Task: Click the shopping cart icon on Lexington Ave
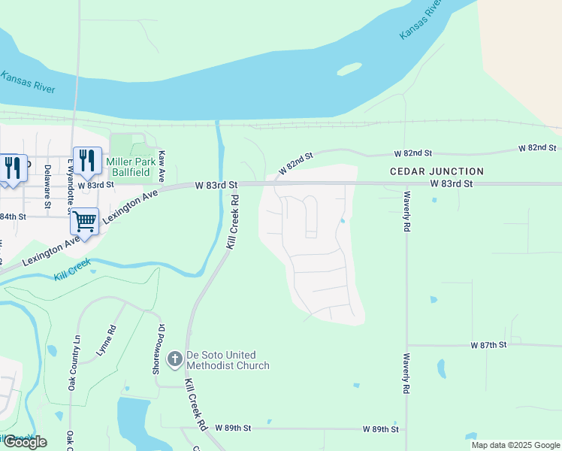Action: pyautogui.click(x=84, y=222)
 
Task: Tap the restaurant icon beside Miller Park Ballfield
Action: pyautogui.click(x=87, y=161)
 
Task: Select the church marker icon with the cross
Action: pyautogui.click(x=174, y=359)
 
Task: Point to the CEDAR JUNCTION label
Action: pyautogui.click(x=437, y=171)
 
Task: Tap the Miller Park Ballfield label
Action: pyautogui.click(x=131, y=168)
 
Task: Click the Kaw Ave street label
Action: pyautogui.click(x=162, y=165)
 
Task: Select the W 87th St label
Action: pyautogui.click(x=489, y=345)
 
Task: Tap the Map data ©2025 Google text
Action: pyautogui.click(x=515, y=445)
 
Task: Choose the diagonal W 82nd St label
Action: pyautogui.click(x=295, y=163)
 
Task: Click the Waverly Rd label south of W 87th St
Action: pyautogui.click(x=406, y=374)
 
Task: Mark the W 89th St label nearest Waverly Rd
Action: pyautogui.click(x=379, y=428)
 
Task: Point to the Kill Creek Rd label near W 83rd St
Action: pyautogui.click(x=234, y=222)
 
